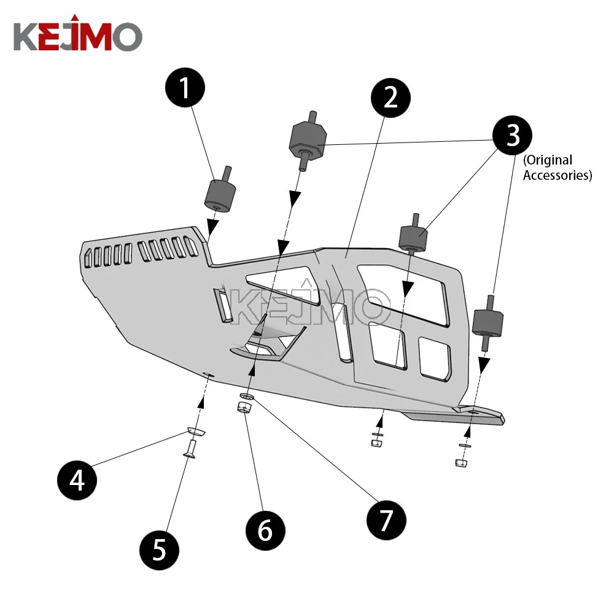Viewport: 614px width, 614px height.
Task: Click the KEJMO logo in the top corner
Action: (77, 37)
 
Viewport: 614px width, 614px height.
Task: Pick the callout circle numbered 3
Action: (513, 135)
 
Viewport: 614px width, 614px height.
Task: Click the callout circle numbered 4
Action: (77, 480)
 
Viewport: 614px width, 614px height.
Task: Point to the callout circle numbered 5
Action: (159, 549)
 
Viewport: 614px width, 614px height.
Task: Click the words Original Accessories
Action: (556, 168)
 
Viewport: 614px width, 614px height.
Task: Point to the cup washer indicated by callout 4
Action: (196, 432)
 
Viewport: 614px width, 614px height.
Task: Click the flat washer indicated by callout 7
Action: (248, 397)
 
